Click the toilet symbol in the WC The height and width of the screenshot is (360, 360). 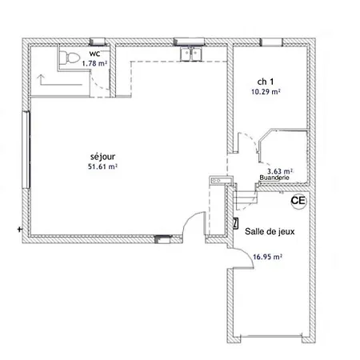pos(70,58)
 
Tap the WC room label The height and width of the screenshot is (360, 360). pos(94,54)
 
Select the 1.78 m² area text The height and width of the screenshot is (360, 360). pos(94,64)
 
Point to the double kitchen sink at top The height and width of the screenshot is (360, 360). pos(191,54)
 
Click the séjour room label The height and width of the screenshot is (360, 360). pos(102,157)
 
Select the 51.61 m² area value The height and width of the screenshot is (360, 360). pos(102,166)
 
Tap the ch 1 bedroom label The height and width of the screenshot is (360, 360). pos(266,82)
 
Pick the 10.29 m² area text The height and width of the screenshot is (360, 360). pos(266,92)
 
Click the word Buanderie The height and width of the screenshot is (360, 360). pos(274,178)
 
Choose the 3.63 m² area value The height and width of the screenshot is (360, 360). pos(280,171)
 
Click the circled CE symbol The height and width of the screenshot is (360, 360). pos(298,201)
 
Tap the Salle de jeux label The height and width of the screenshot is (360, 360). pos(270,231)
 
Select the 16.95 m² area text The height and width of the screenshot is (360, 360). pos(267,257)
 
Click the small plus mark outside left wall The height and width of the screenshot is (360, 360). pos(19,229)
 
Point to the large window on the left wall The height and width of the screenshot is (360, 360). pos(26,150)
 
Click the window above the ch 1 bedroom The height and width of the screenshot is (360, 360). pos(271,42)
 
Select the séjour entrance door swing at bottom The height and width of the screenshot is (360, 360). pos(194,225)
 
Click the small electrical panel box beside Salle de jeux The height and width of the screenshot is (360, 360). pos(235,224)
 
